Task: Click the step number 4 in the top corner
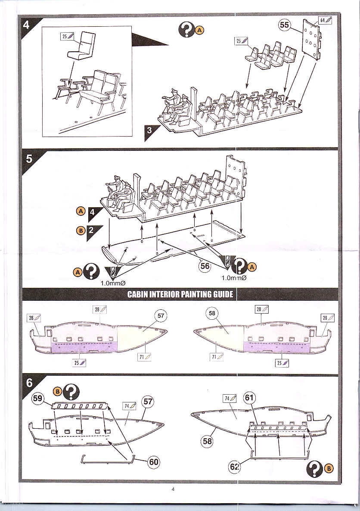pos(26,25)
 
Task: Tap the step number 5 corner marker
pos(29,159)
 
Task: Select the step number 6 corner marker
pos(29,383)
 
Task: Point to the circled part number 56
pos(205,266)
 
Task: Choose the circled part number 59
pos(38,399)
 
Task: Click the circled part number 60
pos(153,462)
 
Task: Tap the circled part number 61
pos(249,398)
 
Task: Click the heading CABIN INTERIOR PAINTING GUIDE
pos(180,295)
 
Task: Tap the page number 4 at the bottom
pos(173,489)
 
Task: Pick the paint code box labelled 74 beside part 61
pos(231,398)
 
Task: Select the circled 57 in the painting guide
pos(161,315)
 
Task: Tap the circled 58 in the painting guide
pos(212,313)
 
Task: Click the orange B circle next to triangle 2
pos(80,231)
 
